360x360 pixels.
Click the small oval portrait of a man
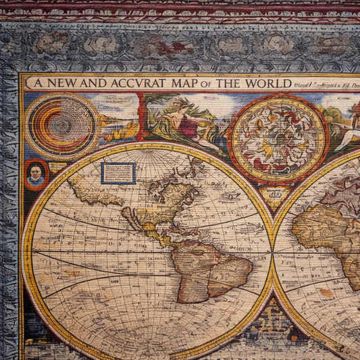coord(36,174)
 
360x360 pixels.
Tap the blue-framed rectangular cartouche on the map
coord(118,173)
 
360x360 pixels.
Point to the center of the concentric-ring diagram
coord(61,124)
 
